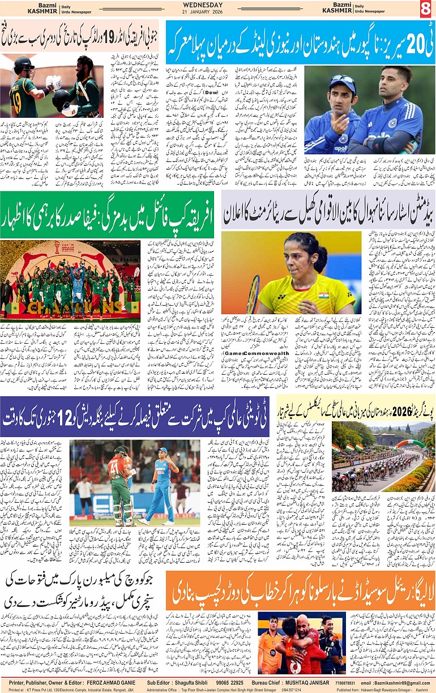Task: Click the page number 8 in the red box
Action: tap(425, 9)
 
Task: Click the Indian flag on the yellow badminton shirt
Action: tap(323, 296)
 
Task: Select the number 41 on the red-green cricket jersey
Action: tap(114, 469)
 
